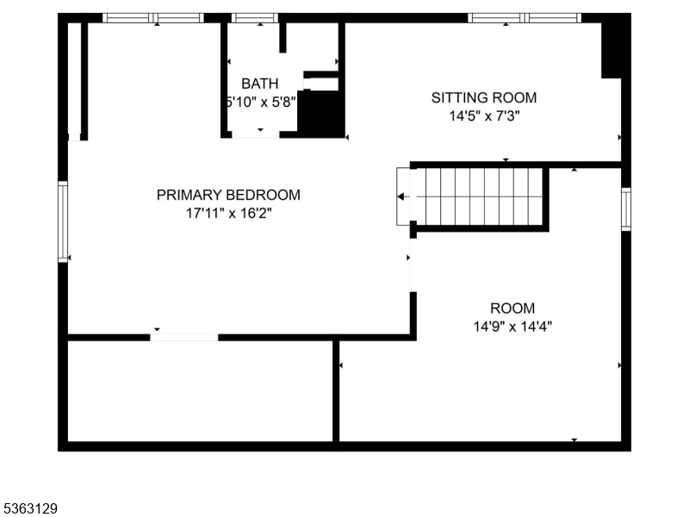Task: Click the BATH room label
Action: click(x=259, y=84)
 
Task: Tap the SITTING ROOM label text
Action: click(x=483, y=97)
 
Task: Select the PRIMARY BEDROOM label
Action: click(x=228, y=195)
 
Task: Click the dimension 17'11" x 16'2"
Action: click(x=228, y=213)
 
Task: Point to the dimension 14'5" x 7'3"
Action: click(x=483, y=115)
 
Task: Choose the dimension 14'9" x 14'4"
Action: click(x=512, y=327)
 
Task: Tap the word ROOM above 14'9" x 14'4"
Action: click(x=512, y=308)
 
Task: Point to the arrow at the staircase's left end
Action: click(x=402, y=196)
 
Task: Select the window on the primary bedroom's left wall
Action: click(x=63, y=221)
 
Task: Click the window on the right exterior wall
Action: click(x=626, y=209)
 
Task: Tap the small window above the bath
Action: click(x=256, y=17)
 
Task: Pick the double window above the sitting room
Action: click(x=525, y=17)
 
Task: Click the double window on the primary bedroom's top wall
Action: click(x=153, y=17)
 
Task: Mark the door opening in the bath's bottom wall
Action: click(x=256, y=134)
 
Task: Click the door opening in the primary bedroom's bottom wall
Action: click(x=184, y=337)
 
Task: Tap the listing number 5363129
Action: click(x=30, y=508)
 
